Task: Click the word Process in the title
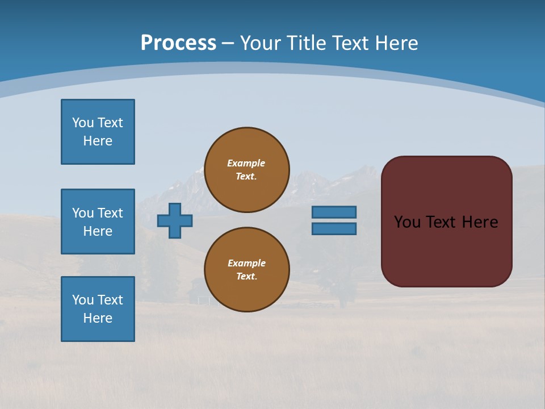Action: click(178, 43)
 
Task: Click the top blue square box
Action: click(98, 132)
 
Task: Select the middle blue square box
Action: click(98, 222)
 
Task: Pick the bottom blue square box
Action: click(98, 309)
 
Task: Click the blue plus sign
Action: click(175, 220)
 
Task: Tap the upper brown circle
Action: click(246, 170)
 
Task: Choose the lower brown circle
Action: click(246, 270)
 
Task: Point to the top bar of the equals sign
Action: click(334, 212)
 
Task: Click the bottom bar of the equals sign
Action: click(334, 228)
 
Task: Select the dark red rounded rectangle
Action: click(446, 250)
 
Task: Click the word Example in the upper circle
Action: click(246, 163)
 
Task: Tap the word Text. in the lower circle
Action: click(246, 277)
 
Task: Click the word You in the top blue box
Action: click(83, 123)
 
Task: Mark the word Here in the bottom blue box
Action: click(98, 318)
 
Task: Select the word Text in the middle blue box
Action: click(110, 213)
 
